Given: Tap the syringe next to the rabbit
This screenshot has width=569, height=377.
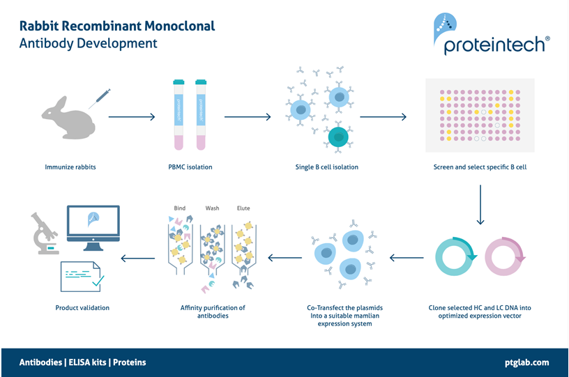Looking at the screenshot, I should click(99, 98).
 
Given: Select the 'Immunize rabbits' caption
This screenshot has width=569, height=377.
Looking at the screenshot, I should click(70, 167).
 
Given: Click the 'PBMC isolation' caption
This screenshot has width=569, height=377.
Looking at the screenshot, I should click(190, 167).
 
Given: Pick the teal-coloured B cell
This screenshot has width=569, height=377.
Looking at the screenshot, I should click(339, 137).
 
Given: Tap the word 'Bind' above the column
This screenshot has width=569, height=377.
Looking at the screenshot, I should click(179, 208).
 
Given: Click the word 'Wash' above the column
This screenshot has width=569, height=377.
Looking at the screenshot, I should click(212, 208).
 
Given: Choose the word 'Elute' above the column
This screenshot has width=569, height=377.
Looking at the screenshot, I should click(243, 208).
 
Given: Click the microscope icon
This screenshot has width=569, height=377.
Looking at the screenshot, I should click(43, 234).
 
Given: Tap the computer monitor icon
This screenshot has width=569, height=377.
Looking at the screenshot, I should click(93, 224).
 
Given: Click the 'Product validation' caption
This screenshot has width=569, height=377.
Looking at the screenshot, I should click(82, 307).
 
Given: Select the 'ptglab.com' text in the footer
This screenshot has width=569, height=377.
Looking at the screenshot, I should click(526, 362).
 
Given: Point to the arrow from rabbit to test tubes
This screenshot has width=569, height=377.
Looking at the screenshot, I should click(132, 117).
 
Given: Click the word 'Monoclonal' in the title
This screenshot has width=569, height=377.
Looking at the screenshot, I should click(179, 26).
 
